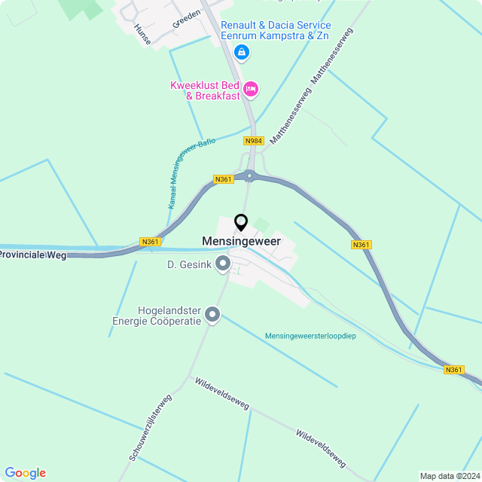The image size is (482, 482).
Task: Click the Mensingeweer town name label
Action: pyautogui.click(x=241, y=241)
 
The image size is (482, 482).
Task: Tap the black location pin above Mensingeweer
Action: pyautogui.click(x=241, y=223)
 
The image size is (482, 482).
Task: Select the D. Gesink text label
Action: pyautogui.click(x=189, y=264)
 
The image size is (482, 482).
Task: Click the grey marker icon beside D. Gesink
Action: pyautogui.click(x=223, y=264)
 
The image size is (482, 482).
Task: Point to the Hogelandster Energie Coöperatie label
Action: pyautogui.click(x=169, y=316)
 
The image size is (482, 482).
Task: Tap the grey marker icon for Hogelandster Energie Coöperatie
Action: pyautogui.click(x=213, y=315)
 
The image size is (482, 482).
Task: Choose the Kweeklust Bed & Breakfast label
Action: pyautogui.click(x=205, y=90)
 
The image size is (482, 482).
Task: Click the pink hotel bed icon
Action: pyautogui.click(x=251, y=90)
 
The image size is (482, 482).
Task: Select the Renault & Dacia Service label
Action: pyautogui.click(x=275, y=30)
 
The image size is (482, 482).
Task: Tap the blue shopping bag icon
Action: pyautogui.click(x=241, y=52)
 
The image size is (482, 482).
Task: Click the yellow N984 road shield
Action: pyautogui.click(x=254, y=141)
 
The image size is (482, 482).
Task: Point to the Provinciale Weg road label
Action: pyautogui.click(x=33, y=256)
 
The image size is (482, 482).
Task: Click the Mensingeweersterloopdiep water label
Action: pyautogui.click(x=310, y=336)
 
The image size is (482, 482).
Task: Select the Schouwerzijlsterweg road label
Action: pyautogui.click(x=150, y=427)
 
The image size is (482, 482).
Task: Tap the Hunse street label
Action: pyautogui.click(x=141, y=34)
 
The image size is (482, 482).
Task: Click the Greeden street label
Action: pyautogui.click(x=187, y=18)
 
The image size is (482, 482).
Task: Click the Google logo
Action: pyautogui.click(x=25, y=473)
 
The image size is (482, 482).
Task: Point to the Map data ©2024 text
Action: pyautogui.click(x=449, y=476)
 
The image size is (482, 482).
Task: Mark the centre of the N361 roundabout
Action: pyautogui.click(x=249, y=175)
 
